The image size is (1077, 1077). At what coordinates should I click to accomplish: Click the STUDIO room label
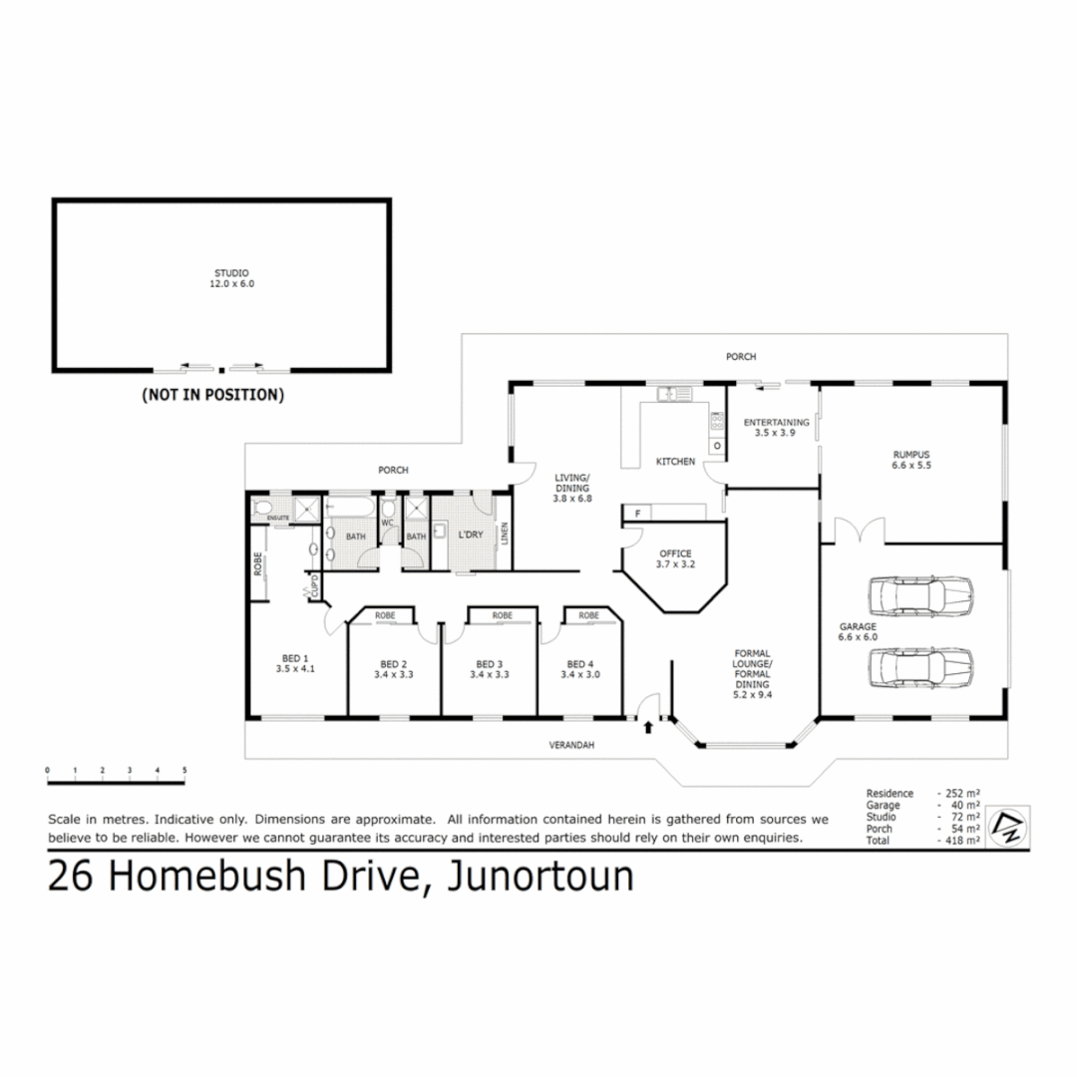coord(231,273)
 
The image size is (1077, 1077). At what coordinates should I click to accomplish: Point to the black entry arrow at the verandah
coord(649,727)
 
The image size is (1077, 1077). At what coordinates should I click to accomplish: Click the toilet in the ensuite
coord(264,510)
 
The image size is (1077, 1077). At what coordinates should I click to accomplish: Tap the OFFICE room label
coord(674,554)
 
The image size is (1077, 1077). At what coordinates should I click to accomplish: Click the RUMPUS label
coord(910,455)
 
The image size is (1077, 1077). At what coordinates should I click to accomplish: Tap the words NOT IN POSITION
coord(213,395)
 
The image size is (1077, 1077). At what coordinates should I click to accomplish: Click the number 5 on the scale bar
coord(184,770)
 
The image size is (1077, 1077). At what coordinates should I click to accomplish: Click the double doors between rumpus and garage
coord(859,531)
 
